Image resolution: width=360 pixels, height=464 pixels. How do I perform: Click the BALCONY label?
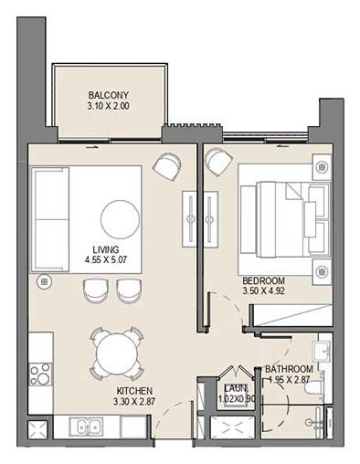coord(108,95)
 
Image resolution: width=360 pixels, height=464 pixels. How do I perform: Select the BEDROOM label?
coord(263,280)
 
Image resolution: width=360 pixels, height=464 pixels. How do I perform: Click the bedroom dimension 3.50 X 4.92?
coord(263,292)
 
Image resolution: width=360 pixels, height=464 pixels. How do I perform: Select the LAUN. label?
coord(237,387)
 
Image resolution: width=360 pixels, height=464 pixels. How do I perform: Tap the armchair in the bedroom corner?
coord(218,163)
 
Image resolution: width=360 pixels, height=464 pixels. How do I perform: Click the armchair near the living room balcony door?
coord(168,165)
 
